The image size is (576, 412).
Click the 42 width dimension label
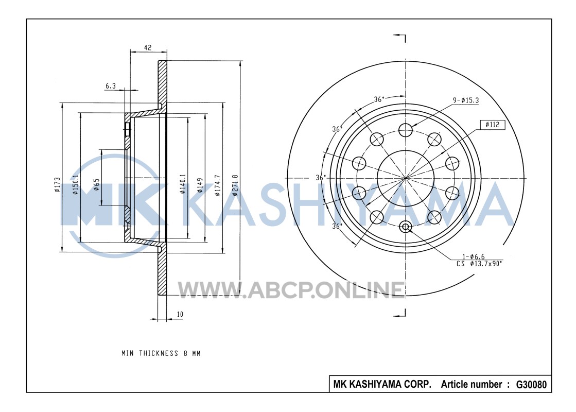[x=148, y=47]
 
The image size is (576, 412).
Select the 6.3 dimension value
[x=111, y=85]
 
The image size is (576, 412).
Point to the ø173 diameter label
[x=57, y=185]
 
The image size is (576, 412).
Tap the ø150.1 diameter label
[x=75, y=185]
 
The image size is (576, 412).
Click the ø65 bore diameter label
[x=96, y=185]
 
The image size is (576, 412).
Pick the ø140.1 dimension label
[x=183, y=184]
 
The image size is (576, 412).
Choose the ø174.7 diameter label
[x=217, y=185]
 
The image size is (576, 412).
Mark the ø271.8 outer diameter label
[x=235, y=185]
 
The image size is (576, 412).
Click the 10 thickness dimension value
[x=180, y=314]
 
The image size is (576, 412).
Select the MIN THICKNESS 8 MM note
[x=161, y=353]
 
